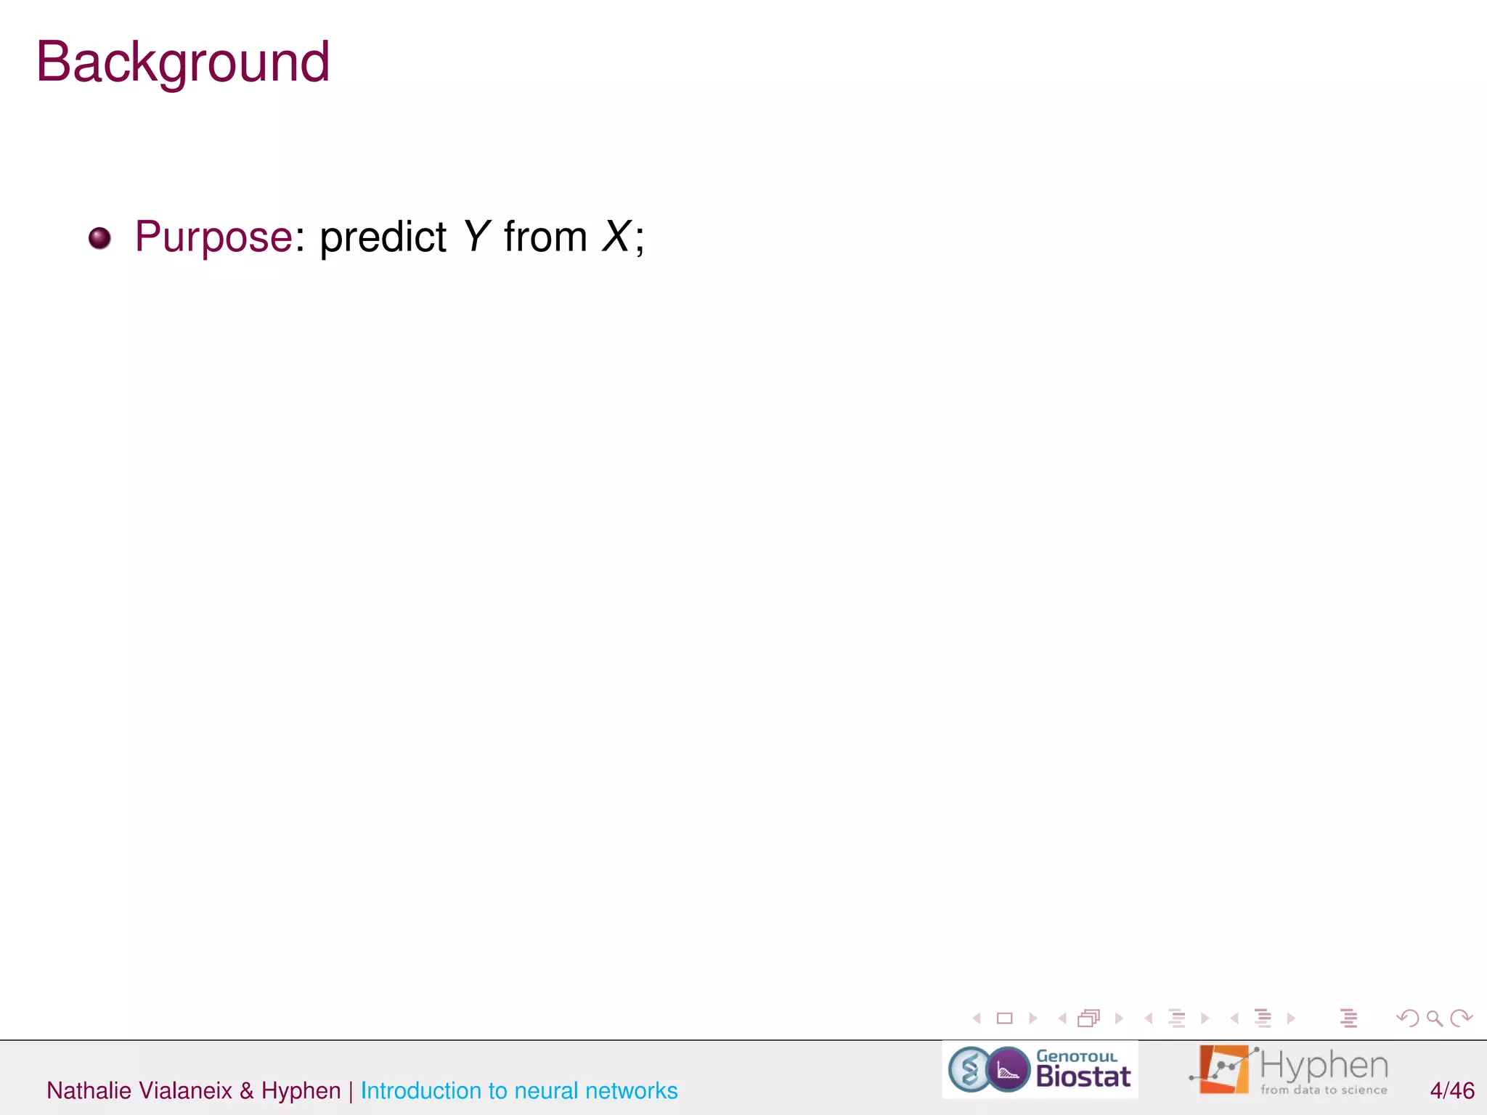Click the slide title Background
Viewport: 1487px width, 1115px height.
pos(183,62)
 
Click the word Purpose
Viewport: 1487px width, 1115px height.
pos(213,237)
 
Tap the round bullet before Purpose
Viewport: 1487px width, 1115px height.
pos(99,238)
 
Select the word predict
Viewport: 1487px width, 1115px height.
pos(383,237)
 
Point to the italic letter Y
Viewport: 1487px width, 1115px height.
pos(476,237)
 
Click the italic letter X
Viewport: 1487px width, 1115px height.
pos(616,237)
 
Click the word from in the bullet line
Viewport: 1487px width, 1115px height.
pos(545,237)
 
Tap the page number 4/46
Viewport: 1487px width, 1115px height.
pos(1451,1090)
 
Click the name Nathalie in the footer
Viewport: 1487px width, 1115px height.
pos(89,1090)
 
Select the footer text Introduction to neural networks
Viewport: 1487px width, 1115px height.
pos(518,1090)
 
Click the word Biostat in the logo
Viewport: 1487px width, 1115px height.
pos(1083,1077)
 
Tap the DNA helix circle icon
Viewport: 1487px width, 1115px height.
pos(969,1069)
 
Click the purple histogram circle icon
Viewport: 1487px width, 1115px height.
pos(1008,1069)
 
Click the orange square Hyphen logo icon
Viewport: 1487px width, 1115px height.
pos(1223,1069)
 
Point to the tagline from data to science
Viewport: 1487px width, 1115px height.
pos(1324,1090)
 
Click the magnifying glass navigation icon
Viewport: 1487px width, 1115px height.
pos(1434,1018)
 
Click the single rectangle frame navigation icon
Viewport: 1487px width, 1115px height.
pos(1005,1018)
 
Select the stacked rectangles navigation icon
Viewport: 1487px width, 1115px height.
pos(1089,1018)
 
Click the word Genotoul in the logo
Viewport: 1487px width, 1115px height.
pos(1076,1056)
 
